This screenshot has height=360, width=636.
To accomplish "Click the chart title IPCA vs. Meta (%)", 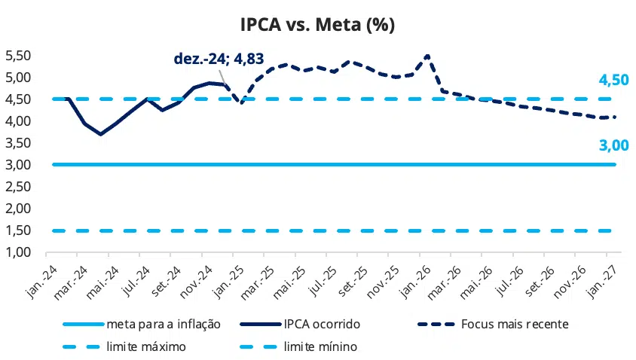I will point(317,24).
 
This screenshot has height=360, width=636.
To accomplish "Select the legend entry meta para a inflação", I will point(163,325).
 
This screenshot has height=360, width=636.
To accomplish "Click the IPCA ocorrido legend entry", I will point(321,325).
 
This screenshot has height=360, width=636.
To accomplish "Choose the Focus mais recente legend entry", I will point(515,325).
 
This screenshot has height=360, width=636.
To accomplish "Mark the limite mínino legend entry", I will point(320,347).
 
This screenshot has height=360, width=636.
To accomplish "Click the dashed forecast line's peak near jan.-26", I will point(427,55).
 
